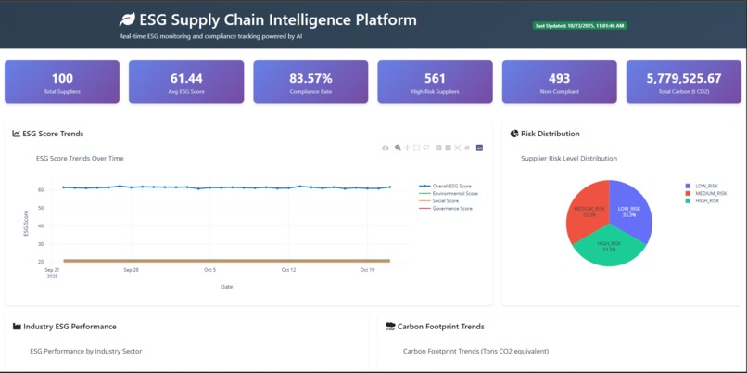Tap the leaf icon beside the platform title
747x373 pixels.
click(x=127, y=19)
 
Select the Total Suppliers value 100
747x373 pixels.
click(x=62, y=79)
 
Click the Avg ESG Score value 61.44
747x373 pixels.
click(x=186, y=79)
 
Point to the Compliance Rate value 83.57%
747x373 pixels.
click(x=310, y=79)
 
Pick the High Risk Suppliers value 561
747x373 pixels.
click(x=435, y=79)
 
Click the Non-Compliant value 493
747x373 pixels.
click(x=559, y=79)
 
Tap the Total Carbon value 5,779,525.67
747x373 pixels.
click(x=683, y=79)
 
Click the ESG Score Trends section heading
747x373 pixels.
click(x=52, y=134)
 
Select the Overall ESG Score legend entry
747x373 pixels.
click(x=451, y=186)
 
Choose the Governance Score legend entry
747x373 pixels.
click(x=452, y=208)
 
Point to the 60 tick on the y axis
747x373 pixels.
click(x=41, y=190)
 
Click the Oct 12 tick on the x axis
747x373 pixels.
click(x=289, y=270)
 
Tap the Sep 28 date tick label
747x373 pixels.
click(x=131, y=270)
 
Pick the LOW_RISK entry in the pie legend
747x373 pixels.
click(x=702, y=186)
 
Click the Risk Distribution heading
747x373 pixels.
click(x=550, y=134)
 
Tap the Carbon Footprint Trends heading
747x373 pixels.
click(x=440, y=327)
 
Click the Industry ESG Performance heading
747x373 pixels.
click(x=70, y=327)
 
